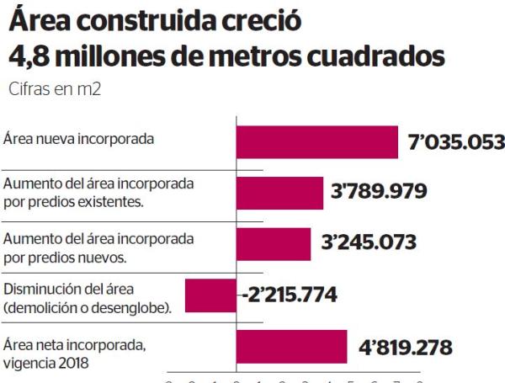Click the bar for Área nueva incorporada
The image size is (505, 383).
click(316, 141)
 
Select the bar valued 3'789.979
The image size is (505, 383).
click(279, 193)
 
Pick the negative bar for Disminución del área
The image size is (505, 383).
click(210, 295)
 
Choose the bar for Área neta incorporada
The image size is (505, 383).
click(291, 347)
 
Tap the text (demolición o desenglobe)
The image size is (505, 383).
click(88, 303)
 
